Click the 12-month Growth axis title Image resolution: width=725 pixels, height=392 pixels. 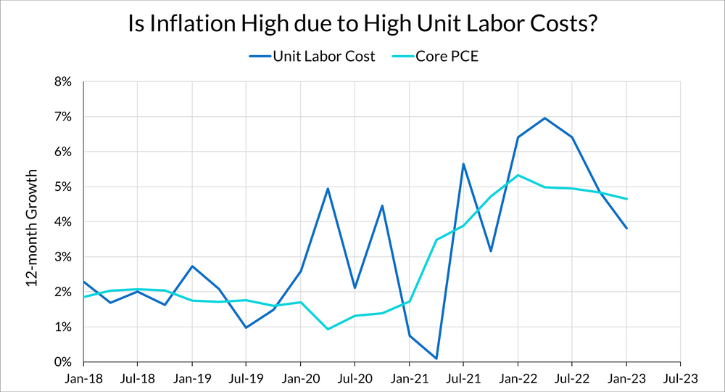click(x=33, y=228)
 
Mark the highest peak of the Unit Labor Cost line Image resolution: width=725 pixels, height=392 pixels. click(x=544, y=118)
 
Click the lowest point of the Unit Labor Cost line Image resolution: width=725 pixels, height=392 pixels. click(x=436, y=359)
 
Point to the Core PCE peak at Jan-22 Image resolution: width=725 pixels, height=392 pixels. click(x=518, y=175)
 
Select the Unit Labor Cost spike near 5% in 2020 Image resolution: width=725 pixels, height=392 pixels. click(x=328, y=189)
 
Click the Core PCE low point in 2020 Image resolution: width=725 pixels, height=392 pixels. click(x=328, y=330)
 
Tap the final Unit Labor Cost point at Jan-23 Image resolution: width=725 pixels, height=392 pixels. click(x=626, y=229)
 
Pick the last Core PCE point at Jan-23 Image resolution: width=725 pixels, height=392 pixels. click(x=626, y=199)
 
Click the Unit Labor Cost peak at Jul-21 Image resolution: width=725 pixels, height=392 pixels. click(x=463, y=164)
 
